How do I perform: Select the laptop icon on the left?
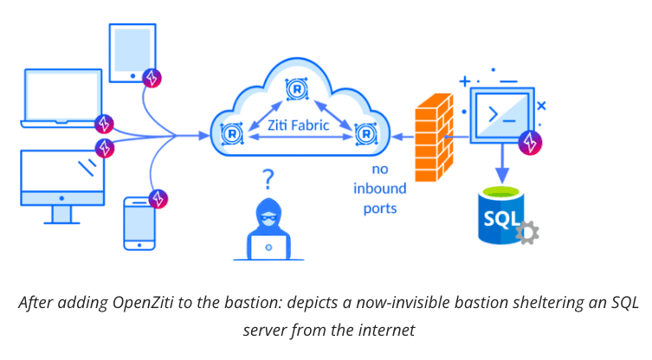click(61, 100)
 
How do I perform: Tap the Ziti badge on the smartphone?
click(158, 198)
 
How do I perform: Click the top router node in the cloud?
click(296, 87)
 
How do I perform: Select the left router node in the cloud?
click(231, 134)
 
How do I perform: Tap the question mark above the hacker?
click(269, 180)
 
